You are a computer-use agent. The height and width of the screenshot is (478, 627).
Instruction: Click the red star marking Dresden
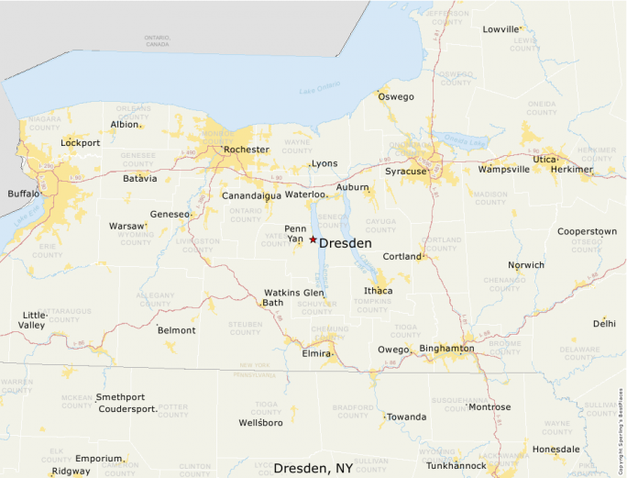point(313,239)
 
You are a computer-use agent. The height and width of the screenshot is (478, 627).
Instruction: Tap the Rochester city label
point(247,150)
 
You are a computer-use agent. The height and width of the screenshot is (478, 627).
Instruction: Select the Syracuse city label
point(405,172)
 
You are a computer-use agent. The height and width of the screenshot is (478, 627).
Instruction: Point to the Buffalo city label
point(23,194)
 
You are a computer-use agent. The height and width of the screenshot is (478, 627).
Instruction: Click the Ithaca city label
point(378,291)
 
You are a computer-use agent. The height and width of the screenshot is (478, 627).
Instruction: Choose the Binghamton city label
point(446,349)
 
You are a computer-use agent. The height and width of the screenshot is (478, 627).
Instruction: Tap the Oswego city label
point(397,96)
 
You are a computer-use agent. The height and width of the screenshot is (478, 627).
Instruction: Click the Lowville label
point(500,29)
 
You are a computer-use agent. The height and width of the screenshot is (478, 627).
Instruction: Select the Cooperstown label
point(587,232)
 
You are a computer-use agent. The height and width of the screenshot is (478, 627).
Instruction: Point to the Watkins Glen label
point(293,293)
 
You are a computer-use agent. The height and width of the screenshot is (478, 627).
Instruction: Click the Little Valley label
point(34,319)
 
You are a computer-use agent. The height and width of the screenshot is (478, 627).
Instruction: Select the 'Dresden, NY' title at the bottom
point(313,468)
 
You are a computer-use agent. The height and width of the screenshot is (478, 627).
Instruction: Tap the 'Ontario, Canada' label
point(158,40)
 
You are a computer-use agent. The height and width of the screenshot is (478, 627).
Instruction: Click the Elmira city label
point(316,351)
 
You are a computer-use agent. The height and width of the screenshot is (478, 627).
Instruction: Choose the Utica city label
point(544,159)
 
